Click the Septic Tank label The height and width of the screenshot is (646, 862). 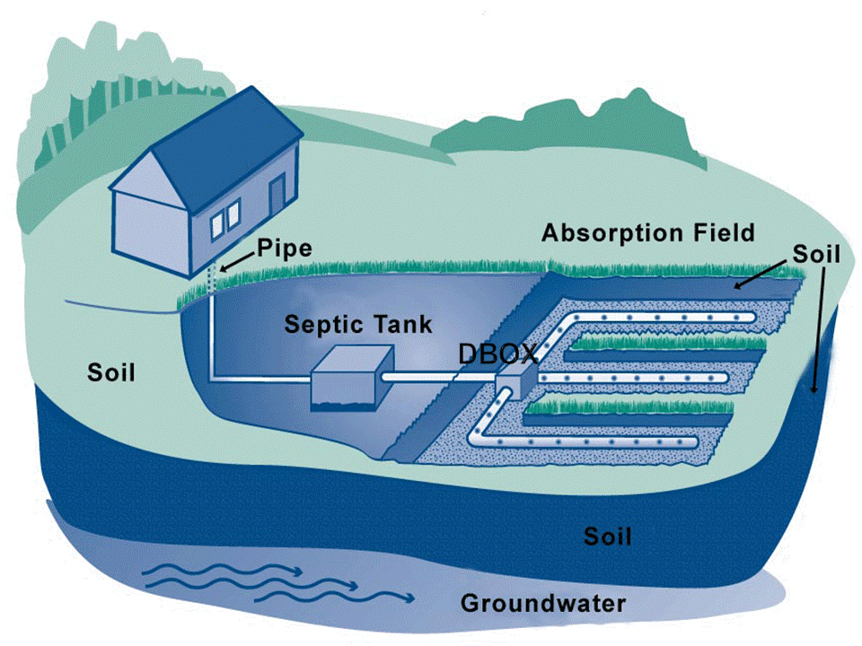point(358,324)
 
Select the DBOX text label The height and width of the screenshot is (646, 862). point(498,354)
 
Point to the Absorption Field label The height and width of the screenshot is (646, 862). point(648,233)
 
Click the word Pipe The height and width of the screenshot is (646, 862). point(285,249)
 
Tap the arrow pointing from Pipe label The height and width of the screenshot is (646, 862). point(237,262)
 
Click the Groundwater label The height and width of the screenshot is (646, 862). point(543,603)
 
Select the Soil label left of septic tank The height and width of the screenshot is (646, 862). point(111,372)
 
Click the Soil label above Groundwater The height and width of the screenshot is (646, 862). point(608,537)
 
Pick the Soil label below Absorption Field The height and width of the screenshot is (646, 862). point(816,254)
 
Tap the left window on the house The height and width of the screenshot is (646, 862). point(217,225)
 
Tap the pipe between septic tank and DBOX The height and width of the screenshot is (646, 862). point(439,378)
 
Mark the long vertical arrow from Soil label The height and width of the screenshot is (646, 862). point(819,329)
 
